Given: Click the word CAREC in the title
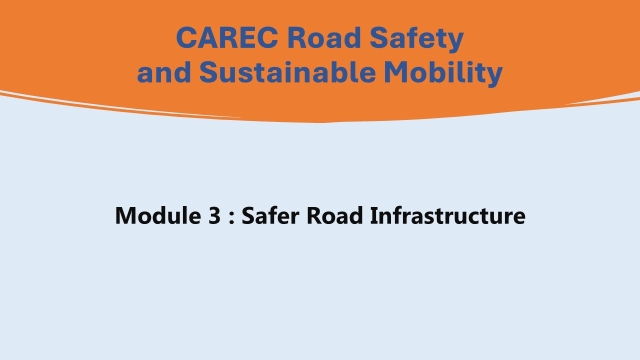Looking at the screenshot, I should (222, 39).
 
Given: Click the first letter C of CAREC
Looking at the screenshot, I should (187, 39).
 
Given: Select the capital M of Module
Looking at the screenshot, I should (126, 215).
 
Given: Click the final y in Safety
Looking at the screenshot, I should (456, 42).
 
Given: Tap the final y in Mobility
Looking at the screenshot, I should (495, 75).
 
